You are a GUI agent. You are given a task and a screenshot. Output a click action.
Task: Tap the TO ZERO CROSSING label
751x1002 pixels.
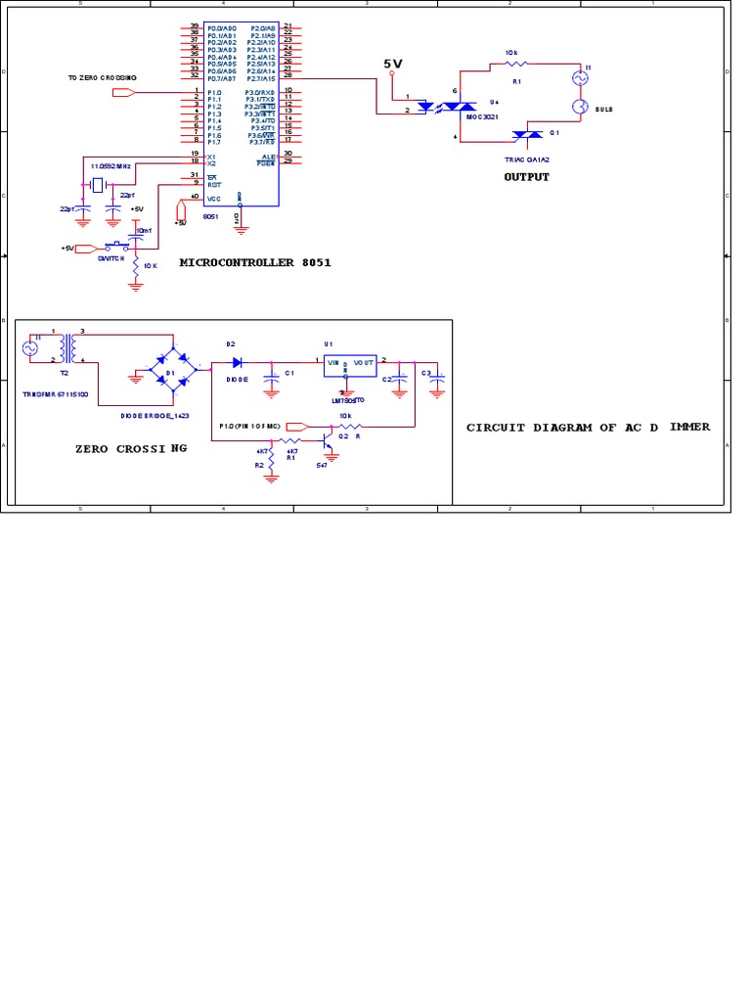pos(102,76)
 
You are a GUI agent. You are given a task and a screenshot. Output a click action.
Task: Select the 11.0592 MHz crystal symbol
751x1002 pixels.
pos(98,182)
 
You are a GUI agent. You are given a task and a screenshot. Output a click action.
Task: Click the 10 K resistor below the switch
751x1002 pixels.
pos(136,266)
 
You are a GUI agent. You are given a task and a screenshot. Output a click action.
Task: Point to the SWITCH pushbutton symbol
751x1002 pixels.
pos(117,246)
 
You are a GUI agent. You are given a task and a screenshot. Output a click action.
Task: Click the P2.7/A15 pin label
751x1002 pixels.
pos(262,75)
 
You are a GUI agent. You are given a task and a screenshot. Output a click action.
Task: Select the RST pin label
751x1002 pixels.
pos(212,183)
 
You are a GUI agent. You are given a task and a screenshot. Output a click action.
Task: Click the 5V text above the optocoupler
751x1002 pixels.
pos(393,63)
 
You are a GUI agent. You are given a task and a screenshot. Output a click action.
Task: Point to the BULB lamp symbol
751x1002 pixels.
pos(578,106)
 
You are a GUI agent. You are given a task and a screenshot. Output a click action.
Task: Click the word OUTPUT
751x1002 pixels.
pos(526,177)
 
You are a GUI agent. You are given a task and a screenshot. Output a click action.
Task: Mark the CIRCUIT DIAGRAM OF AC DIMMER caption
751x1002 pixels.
pos(588,427)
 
